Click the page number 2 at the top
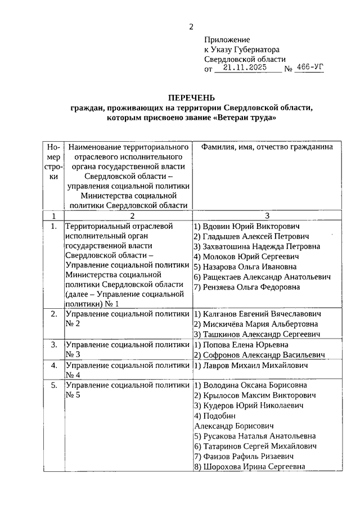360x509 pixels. tap(191, 26)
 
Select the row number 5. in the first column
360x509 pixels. tap(53, 386)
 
